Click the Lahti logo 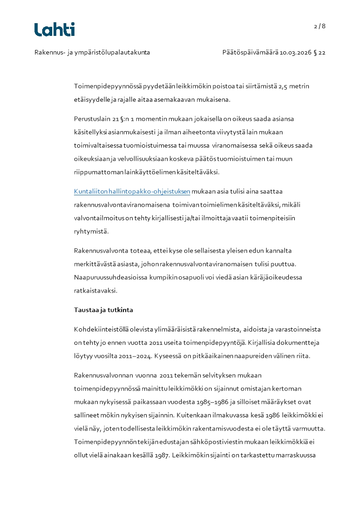pos(54,30)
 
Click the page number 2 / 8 pos(320,26)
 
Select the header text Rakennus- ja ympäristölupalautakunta pos(92,53)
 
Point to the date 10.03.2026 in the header pos(296,53)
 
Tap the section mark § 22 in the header pos(320,53)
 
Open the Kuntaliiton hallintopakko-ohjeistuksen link pos(132,191)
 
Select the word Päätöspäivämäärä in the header pos(250,53)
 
